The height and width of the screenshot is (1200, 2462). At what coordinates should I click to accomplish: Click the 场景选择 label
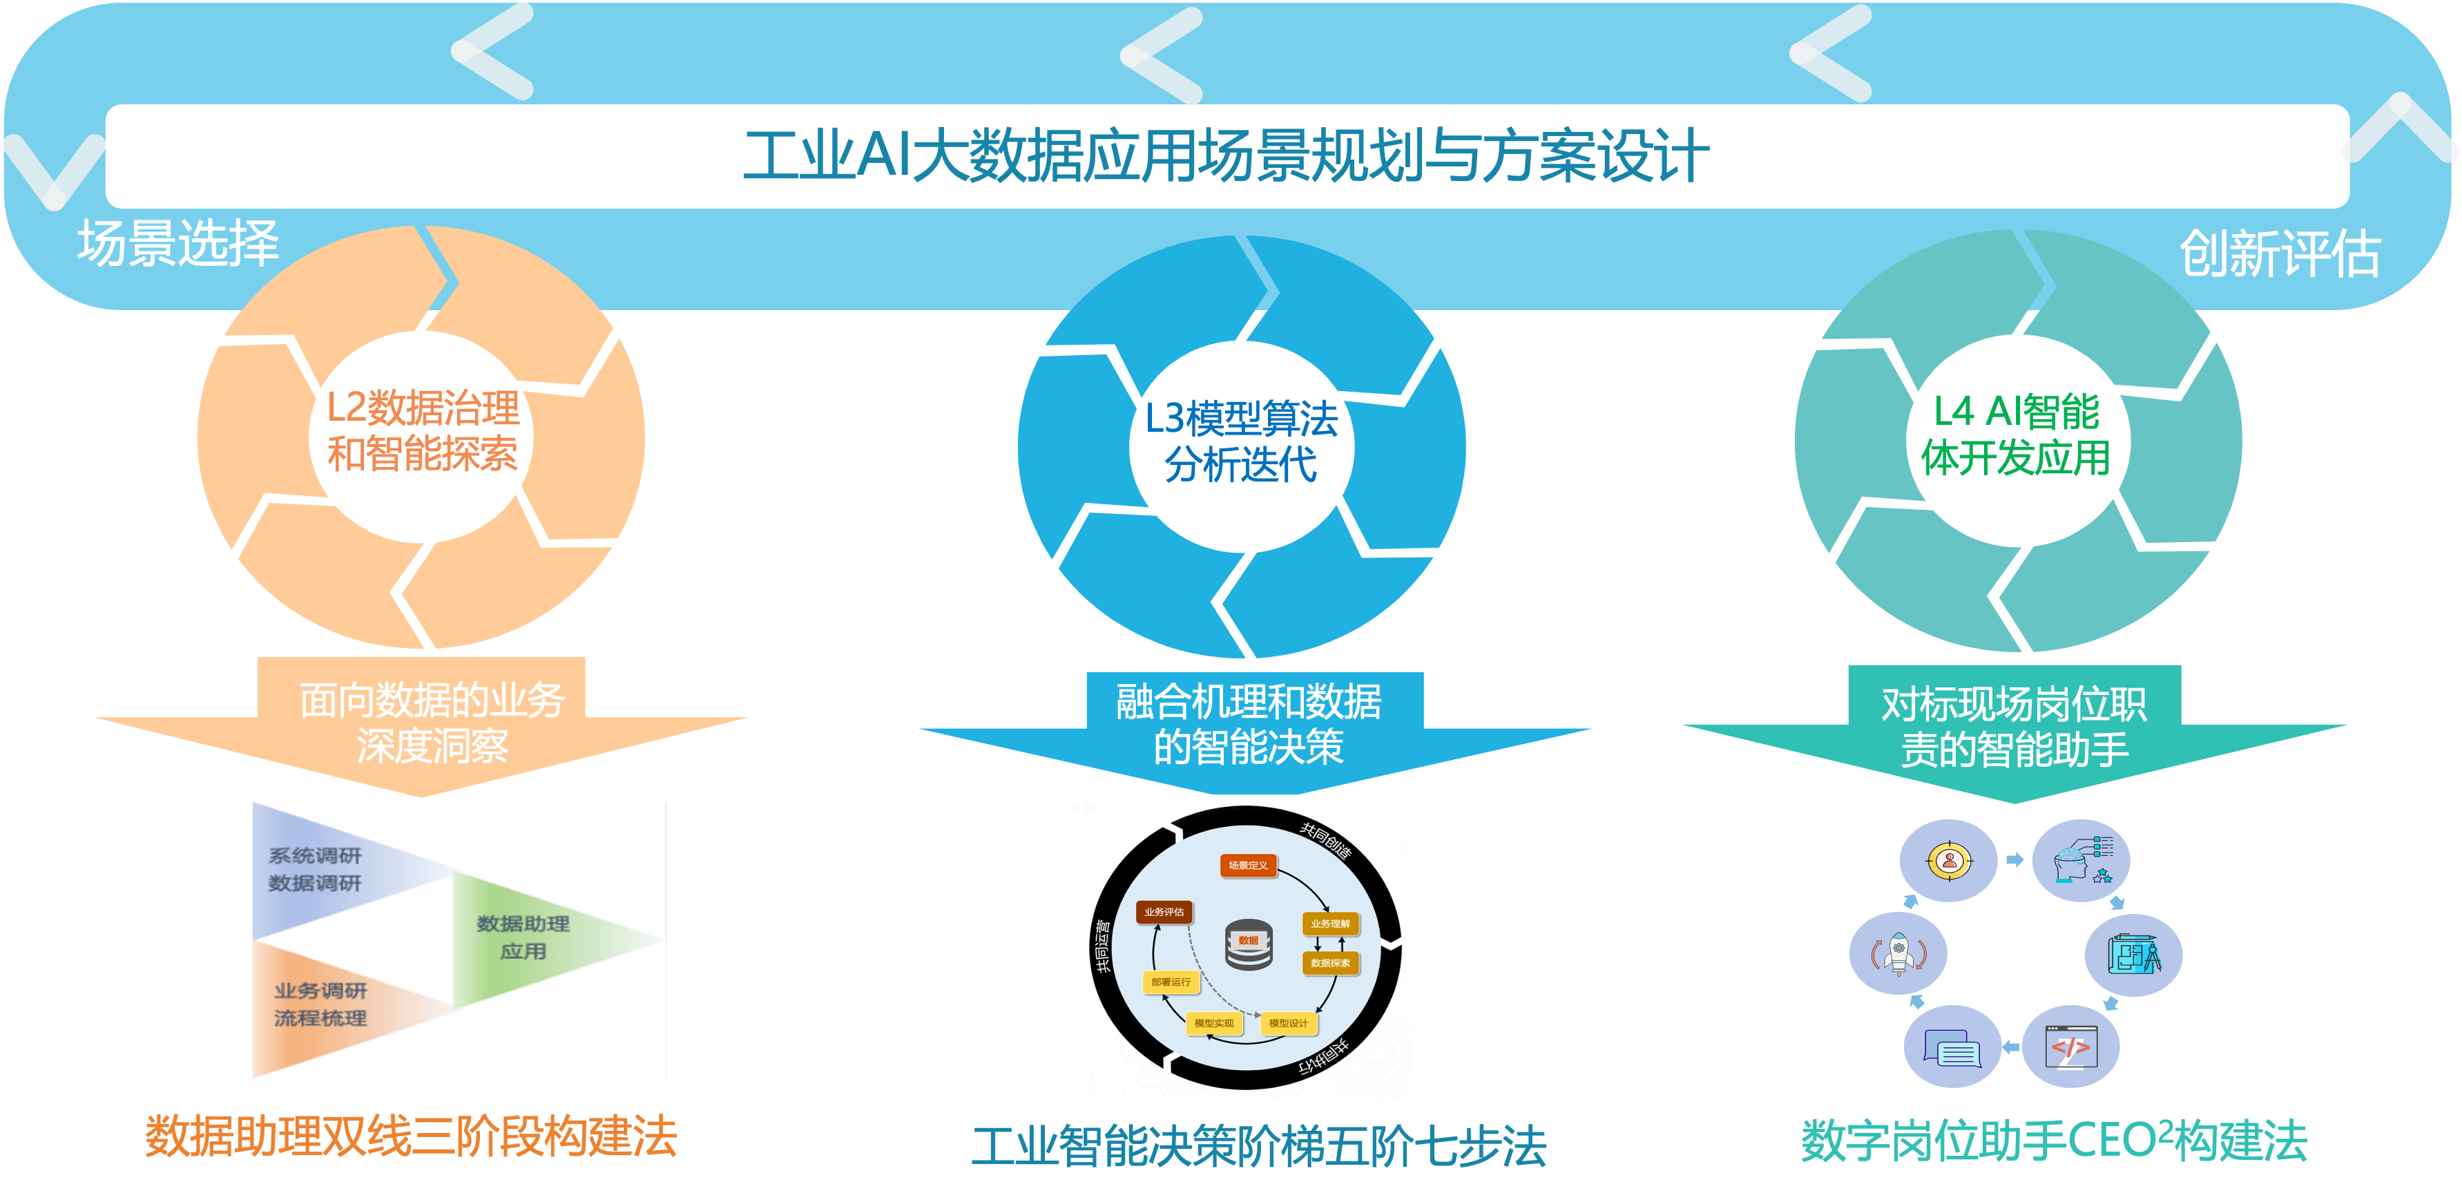tap(179, 243)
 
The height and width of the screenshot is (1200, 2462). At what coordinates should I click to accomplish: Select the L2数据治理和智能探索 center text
tap(423, 431)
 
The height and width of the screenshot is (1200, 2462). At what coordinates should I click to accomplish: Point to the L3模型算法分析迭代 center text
tap(1242, 441)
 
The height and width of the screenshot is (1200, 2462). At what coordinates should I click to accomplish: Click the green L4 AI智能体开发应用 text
tap(2017, 435)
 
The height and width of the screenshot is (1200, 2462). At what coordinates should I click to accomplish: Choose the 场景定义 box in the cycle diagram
tap(1248, 866)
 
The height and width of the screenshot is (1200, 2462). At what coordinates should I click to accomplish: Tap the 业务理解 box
tap(1330, 924)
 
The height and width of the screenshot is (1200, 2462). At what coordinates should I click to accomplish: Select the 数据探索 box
tap(1330, 963)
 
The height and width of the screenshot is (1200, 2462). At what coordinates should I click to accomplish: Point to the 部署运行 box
tap(1171, 982)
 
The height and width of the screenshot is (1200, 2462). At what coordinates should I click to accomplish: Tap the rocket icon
tap(1898, 953)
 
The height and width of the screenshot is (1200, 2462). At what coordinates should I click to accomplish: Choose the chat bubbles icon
tap(1952, 1049)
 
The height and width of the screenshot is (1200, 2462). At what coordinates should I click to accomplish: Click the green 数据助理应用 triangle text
tap(523, 937)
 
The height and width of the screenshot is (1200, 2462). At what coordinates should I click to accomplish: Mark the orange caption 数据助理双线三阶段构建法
tap(411, 1137)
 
